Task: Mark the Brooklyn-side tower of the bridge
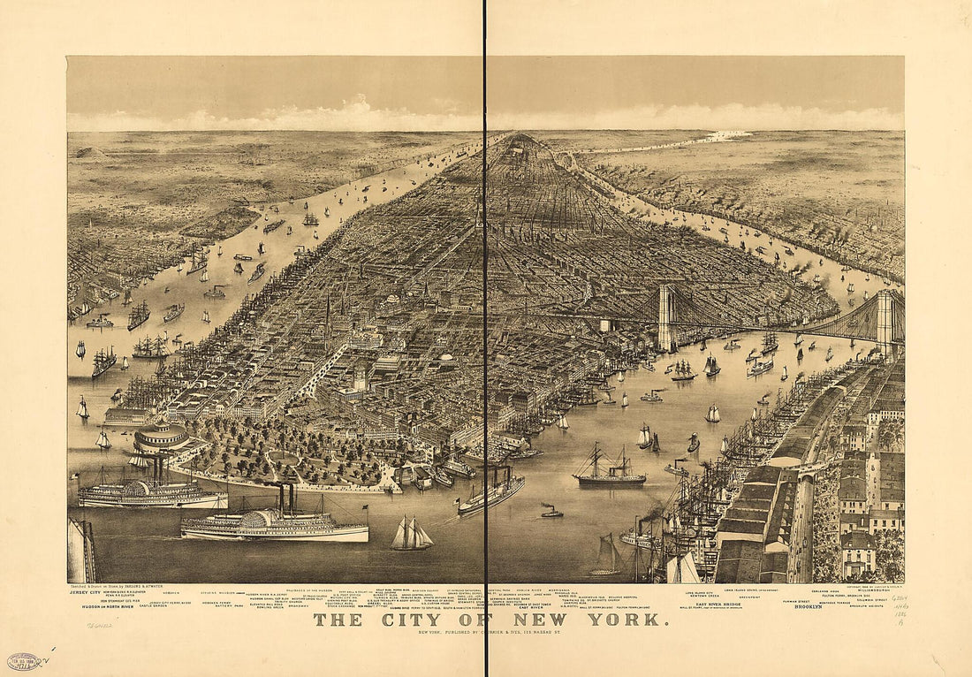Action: coord(885,322)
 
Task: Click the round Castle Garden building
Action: coord(160,437)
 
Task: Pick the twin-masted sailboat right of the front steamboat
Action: coord(411,533)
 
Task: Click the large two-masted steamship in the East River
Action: coord(609,470)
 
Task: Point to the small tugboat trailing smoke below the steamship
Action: coord(551,512)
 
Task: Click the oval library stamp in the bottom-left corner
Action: coord(24,661)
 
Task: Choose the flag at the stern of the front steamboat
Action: coord(363,509)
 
